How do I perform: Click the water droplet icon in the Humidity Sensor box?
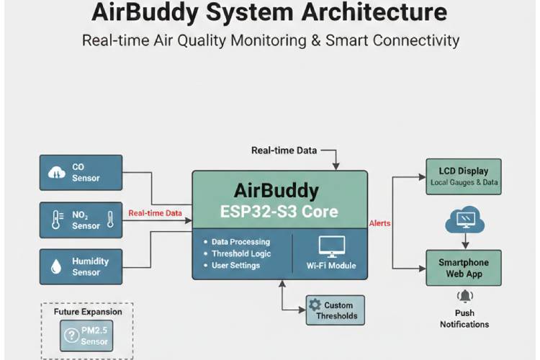tap(55, 266)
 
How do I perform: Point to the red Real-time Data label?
tap(155, 213)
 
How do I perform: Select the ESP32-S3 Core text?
tap(276, 213)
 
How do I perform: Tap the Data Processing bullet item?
tap(241, 242)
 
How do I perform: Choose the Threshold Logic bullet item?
tap(241, 253)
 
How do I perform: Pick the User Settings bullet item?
tap(235, 266)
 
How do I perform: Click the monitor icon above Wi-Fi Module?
tap(331, 246)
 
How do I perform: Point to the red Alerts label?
tap(380, 223)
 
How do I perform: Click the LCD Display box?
tap(463, 176)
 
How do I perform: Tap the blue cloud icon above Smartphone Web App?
tap(463, 219)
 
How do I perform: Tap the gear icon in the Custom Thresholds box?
tap(315, 305)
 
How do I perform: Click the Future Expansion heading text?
tap(88, 312)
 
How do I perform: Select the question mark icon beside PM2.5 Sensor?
tap(71, 335)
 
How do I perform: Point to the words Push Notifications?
tap(464, 319)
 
